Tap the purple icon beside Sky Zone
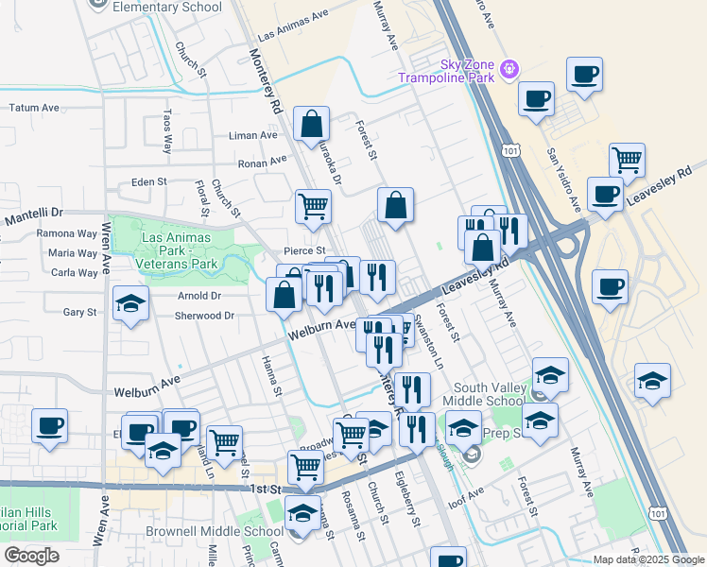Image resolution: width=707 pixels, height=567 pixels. pyautogui.click(x=509, y=68)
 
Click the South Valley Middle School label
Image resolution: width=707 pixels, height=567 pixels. pyautogui.click(x=488, y=394)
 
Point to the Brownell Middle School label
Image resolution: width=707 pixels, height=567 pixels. pyautogui.click(x=208, y=532)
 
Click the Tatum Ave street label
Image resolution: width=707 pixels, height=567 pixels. pyautogui.click(x=34, y=108)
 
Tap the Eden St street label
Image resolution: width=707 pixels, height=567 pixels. pyautogui.click(x=149, y=181)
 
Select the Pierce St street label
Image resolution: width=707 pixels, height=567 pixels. pyautogui.click(x=305, y=250)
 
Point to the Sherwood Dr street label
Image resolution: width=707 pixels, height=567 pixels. pyautogui.click(x=203, y=316)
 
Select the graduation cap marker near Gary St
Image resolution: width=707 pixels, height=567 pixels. pyautogui.click(x=130, y=304)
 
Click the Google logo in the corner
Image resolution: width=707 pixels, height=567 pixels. pyautogui.click(x=31, y=556)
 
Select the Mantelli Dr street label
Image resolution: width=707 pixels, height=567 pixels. pyautogui.click(x=33, y=218)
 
